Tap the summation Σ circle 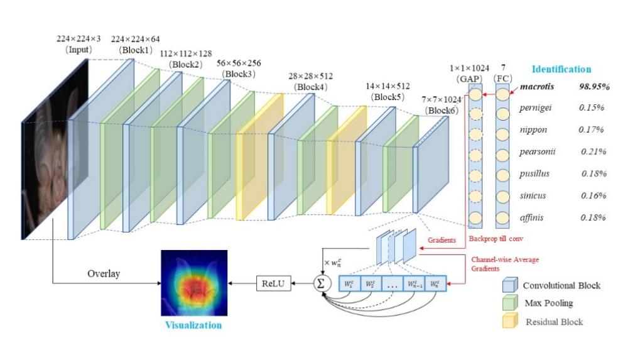coord(322,284)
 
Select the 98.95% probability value coord(594,86)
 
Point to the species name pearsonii coord(537,151)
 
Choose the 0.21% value coord(592,151)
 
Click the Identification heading coord(561,70)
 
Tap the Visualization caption coord(193,325)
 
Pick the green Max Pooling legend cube coord(508,304)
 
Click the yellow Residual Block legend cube coord(508,322)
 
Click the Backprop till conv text coord(496,239)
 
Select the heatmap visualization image coord(193,283)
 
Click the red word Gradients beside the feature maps coord(442,241)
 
